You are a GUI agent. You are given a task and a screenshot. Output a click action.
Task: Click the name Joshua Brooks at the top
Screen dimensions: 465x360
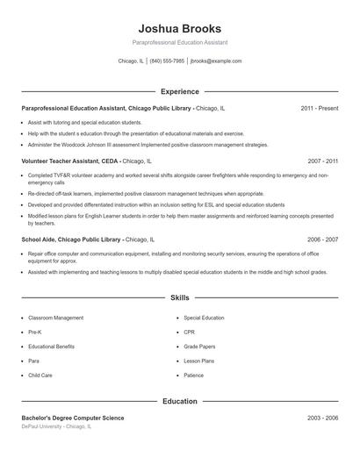[179, 28]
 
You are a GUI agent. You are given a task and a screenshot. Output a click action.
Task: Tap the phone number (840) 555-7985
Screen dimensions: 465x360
[167, 61]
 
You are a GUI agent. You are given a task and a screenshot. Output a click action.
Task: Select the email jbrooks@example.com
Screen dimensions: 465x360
[215, 61]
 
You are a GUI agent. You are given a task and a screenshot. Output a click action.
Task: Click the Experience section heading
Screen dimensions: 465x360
[179, 91]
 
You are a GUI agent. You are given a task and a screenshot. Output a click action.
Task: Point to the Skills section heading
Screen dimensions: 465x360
[179, 298]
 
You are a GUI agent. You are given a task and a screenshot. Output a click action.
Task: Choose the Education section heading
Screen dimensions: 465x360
[179, 401]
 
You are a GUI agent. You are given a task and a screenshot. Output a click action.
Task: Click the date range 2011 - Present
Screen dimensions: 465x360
[319, 108]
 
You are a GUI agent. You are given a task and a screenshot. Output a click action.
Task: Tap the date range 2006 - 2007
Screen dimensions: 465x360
[322, 239]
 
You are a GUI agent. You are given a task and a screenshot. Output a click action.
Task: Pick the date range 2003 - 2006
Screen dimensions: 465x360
[322, 418]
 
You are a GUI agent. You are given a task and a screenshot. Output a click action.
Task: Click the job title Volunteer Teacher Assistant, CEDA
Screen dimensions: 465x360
[70, 161]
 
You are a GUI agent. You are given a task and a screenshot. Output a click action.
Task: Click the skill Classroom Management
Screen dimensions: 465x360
[56, 318]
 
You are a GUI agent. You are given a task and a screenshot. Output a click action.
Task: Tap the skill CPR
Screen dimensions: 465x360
[189, 332]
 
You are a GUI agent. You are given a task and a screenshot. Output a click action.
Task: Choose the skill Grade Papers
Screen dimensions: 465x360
[199, 347]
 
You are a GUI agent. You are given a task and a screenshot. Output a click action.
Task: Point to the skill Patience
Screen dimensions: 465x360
[193, 375]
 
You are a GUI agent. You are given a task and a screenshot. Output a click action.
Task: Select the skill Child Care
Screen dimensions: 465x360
[40, 375]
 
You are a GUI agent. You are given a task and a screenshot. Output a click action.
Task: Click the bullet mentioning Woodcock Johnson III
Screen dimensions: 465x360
[148, 145]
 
